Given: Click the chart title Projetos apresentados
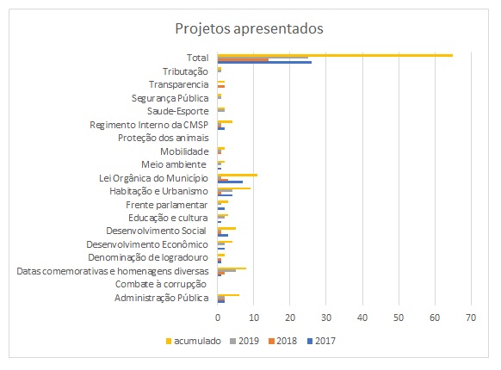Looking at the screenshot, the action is coord(250,28).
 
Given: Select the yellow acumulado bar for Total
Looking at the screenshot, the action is coord(335,55).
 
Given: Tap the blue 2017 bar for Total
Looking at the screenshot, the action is coord(264,62).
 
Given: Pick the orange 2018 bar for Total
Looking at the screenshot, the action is coord(243,59).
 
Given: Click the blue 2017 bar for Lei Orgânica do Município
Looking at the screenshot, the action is coord(230,182).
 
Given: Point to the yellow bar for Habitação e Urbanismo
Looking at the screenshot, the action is coord(234,188).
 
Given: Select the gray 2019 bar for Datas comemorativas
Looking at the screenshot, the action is coord(226,271).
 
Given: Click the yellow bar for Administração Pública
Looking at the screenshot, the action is coord(228,295).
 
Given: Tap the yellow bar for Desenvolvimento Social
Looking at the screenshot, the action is coord(226,229).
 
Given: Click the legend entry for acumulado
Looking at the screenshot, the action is coord(194,341).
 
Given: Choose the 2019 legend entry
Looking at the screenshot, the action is coord(244,341).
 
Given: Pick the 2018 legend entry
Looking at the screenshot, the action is coord(282,341).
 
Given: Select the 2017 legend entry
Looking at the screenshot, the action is coord(321,341).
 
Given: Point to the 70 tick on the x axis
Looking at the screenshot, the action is coord(471,318).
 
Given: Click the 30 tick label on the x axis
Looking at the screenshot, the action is coord(326,318).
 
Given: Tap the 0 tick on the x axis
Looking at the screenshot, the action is coord(218,318).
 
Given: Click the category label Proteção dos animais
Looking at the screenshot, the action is coord(164,138).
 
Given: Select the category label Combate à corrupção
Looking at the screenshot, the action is coord(161,284).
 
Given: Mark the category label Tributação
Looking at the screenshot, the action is coord(185,71).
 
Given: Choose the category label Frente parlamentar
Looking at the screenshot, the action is coord(166,205).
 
